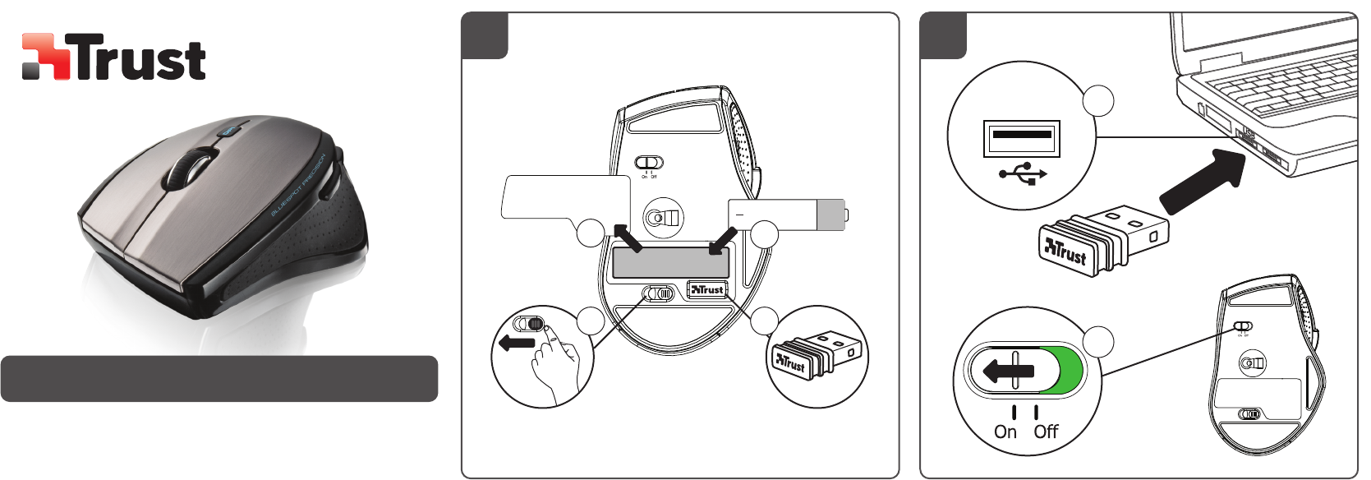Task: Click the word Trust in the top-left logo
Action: tap(140, 58)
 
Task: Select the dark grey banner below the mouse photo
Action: tap(219, 379)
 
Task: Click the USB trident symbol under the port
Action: tap(1023, 173)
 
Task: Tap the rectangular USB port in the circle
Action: tap(1022, 137)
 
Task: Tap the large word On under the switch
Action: tap(1005, 432)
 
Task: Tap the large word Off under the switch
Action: tap(1046, 432)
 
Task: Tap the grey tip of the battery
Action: tap(831, 215)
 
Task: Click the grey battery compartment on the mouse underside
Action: tap(670, 262)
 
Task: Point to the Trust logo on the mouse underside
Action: tap(707, 289)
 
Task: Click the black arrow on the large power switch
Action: tap(1008, 371)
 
